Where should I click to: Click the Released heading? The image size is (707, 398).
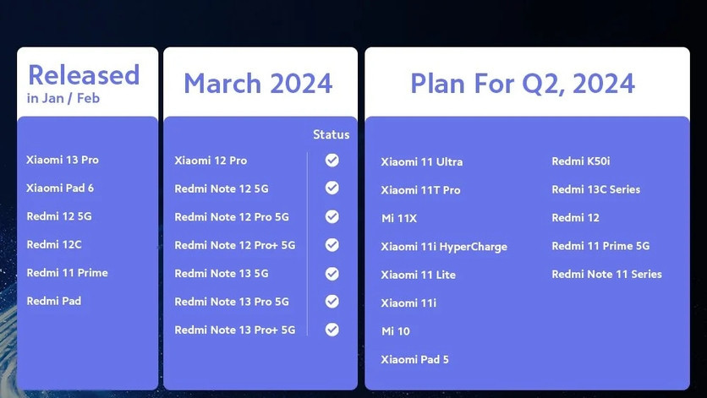pos(83,75)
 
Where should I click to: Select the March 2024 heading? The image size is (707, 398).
pos(258,84)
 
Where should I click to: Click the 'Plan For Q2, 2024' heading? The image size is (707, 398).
pos(523,84)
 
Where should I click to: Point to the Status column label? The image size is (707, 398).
pos(331,134)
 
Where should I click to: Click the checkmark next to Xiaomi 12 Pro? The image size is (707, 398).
pos(332,160)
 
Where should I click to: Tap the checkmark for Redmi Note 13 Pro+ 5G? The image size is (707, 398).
pos(332,330)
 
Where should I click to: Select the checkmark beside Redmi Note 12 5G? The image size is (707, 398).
pos(332,188)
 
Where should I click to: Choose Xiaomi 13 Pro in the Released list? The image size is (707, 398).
pos(63,160)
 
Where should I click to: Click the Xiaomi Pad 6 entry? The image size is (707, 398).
pos(60,188)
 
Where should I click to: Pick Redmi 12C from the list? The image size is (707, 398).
pos(54,244)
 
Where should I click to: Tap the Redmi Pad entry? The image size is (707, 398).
pos(53,301)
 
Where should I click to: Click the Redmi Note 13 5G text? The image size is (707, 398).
pos(221,273)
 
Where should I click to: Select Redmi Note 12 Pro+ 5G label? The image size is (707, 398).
pos(234,245)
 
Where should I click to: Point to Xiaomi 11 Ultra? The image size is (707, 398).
pos(421,161)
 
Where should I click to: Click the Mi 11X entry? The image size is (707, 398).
pos(398,218)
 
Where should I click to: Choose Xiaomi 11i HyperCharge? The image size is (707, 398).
pos(444,247)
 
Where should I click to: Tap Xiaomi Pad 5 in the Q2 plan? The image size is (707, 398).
pos(414,359)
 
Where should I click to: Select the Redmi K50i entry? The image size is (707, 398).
pos(581,161)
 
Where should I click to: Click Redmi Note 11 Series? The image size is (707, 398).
pos(606,274)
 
